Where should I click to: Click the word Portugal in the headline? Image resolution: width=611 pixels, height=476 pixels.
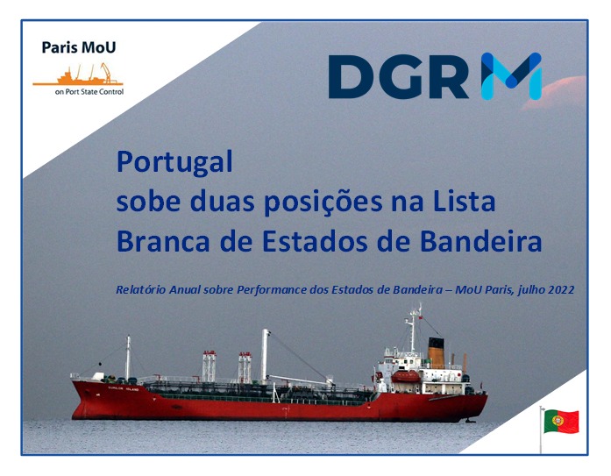click(x=174, y=162)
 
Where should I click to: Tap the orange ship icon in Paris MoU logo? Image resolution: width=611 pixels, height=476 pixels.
click(x=78, y=75)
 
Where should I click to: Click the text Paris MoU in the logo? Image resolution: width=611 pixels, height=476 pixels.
click(x=79, y=47)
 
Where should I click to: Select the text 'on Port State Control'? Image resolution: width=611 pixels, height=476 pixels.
click(x=89, y=92)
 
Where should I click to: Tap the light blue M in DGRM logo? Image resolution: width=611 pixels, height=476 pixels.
click(x=511, y=76)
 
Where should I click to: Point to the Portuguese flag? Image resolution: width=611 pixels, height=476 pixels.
click(x=561, y=421)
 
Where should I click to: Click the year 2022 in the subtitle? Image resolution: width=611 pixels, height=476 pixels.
click(x=561, y=290)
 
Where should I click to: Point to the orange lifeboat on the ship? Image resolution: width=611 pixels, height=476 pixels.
click(x=406, y=376)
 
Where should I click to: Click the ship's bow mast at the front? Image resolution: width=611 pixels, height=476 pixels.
click(x=128, y=358)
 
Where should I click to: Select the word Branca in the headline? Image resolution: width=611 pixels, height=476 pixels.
click(x=163, y=241)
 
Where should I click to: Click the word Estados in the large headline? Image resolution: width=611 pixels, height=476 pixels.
click(x=315, y=241)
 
